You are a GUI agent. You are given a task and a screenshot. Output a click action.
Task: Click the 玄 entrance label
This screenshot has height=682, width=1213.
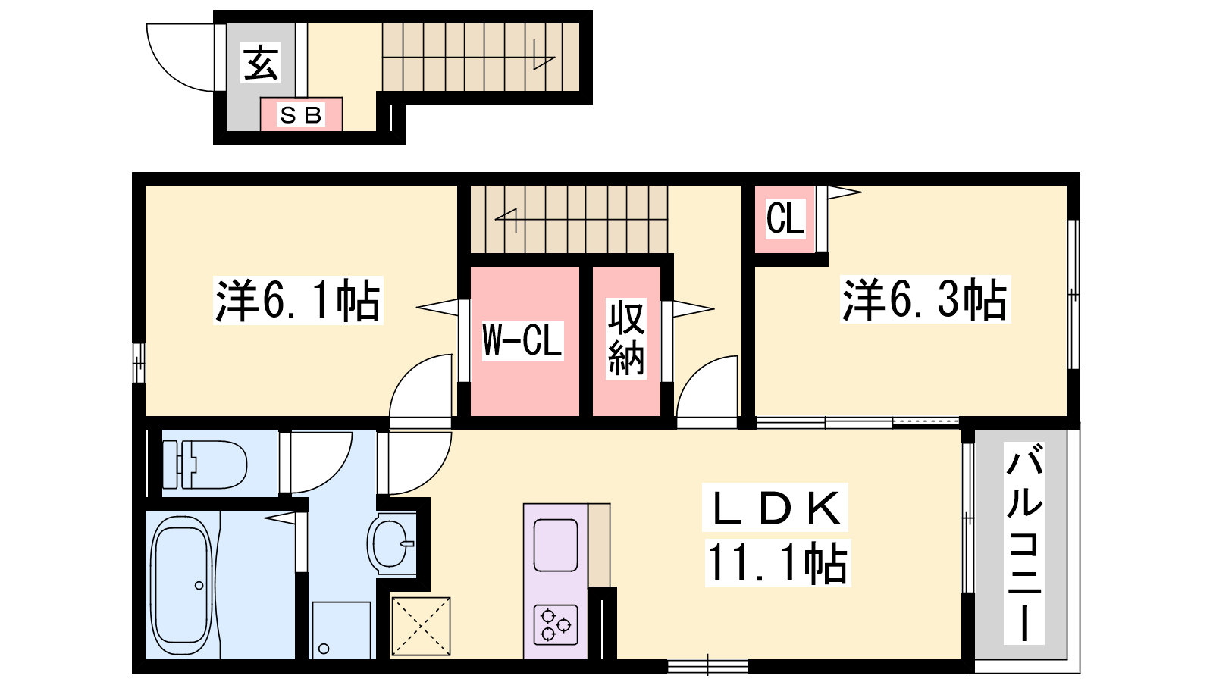click(261, 63)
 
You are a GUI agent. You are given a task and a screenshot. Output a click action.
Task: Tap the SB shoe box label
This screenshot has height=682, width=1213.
click(301, 114)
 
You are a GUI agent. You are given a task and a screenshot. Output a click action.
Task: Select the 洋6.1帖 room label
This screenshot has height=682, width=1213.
click(299, 300)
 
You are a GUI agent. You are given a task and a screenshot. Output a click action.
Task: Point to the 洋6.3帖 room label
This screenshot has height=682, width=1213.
click(925, 299)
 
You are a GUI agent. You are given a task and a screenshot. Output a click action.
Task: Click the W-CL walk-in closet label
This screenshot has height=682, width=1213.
click(522, 340)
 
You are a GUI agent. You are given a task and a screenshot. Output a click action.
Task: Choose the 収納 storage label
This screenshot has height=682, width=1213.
click(626, 337)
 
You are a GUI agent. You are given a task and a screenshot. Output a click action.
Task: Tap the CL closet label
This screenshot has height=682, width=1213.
click(785, 218)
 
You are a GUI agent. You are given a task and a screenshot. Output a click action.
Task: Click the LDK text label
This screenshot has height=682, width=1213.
click(776, 507)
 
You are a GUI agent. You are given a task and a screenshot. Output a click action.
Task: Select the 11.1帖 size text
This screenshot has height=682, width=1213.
click(778, 563)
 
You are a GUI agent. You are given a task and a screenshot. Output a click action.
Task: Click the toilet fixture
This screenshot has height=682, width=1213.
click(205, 465)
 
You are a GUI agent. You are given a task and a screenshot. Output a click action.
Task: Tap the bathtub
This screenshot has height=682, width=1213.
click(181, 587)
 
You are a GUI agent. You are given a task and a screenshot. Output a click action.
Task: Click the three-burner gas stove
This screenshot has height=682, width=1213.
click(556, 625)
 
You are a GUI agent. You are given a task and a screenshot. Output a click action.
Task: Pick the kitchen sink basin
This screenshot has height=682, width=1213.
click(556, 545)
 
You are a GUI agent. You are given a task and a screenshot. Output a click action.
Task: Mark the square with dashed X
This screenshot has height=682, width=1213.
click(421, 627)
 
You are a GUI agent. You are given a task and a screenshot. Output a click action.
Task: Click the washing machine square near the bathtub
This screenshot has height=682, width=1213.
click(341, 630)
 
